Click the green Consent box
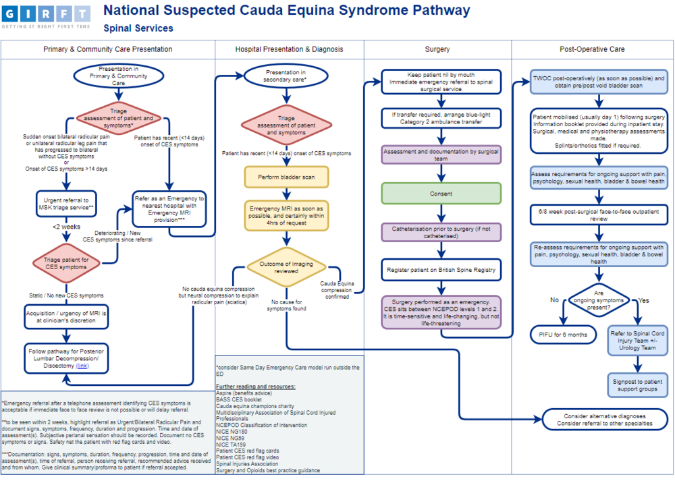(x=441, y=193)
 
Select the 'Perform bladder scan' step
(x=286, y=177)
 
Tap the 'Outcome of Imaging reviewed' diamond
(x=286, y=267)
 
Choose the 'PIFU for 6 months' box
(x=563, y=334)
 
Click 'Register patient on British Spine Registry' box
(x=441, y=270)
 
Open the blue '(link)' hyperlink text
(x=82, y=366)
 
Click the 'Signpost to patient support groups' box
(x=637, y=385)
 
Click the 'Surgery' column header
(x=437, y=49)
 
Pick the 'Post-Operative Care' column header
(x=593, y=49)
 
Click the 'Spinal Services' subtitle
(x=138, y=28)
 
